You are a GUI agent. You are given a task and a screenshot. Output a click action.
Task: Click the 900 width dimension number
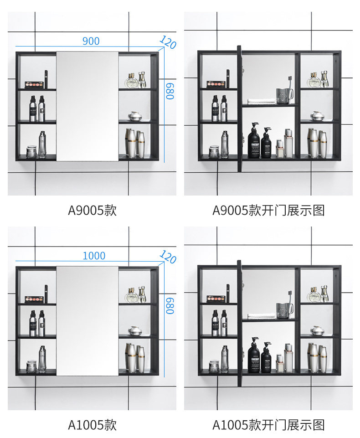click(91, 41)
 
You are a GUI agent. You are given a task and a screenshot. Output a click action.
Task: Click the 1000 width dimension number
click(94, 256)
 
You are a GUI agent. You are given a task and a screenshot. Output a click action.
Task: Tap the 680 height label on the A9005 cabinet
click(170, 91)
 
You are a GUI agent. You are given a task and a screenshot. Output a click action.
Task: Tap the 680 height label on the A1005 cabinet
click(170, 305)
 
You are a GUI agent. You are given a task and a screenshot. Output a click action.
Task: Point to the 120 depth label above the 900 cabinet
click(168, 42)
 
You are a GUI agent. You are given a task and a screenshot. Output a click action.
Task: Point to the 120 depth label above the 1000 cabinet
click(168, 257)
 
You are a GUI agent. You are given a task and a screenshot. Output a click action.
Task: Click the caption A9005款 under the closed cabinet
click(93, 210)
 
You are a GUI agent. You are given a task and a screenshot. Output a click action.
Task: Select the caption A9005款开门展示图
click(268, 210)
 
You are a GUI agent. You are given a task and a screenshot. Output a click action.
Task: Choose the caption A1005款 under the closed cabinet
click(93, 425)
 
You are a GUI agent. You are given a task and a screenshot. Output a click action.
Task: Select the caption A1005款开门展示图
click(268, 425)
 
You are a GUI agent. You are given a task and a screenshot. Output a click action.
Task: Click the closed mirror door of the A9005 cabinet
click(87, 106)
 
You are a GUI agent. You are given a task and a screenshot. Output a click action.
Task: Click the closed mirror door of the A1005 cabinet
click(87, 320)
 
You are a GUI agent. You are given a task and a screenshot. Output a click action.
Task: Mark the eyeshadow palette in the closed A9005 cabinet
click(34, 84)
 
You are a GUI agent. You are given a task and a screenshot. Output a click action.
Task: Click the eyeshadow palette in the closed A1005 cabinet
click(34, 299)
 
